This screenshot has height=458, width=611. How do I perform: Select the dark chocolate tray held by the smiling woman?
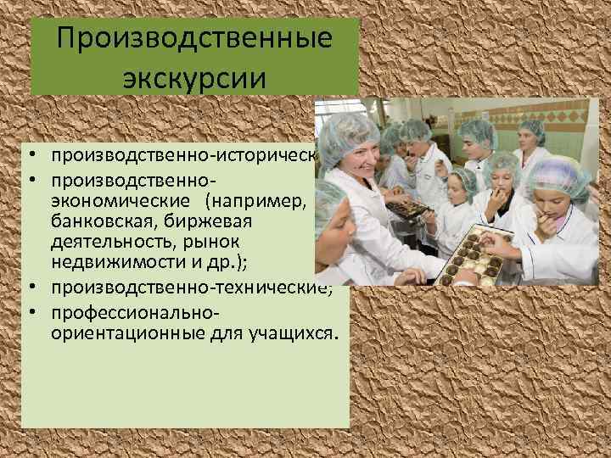pyautogui.click(x=406, y=208)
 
